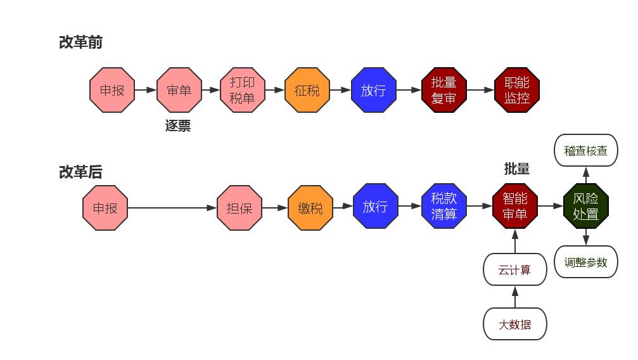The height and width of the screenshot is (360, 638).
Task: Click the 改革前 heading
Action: pyautogui.click(x=80, y=42)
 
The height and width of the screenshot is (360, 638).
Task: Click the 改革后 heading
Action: pyautogui.click(x=80, y=172)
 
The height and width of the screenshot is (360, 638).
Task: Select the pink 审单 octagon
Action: pyautogui.click(x=179, y=90)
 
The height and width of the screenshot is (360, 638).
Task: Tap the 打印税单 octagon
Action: pyautogui.click(x=243, y=90)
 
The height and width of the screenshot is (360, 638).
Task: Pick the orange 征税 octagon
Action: pyautogui.click(x=307, y=90)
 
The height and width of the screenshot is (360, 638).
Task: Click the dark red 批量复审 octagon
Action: pyautogui.click(x=443, y=90)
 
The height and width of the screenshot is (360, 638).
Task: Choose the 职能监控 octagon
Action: pyautogui.click(x=516, y=90)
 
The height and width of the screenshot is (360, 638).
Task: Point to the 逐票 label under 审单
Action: pyautogui.click(x=178, y=125)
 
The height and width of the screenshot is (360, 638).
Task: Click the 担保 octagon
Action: pyautogui.click(x=239, y=208)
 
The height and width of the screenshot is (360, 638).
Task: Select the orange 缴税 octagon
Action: pyautogui.click(x=310, y=208)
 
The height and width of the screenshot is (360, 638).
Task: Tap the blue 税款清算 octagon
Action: pyautogui.click(x=443, y=207)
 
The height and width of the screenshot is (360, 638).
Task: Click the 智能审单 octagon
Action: pyautogui.click(x=514, y=207)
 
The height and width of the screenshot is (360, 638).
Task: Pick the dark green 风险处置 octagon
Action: pyautogui.click(x=585, y=207)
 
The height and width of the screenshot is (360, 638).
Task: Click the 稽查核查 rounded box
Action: pyautogui.click(x=585, y=150)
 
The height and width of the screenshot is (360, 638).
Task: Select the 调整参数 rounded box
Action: pyautogui.click(x=585, y=262)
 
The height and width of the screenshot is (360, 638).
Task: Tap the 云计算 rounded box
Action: pyautogui.click(x=514, y=270)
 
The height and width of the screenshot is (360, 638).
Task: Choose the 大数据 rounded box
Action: pyautogui.click(x=514, y=325)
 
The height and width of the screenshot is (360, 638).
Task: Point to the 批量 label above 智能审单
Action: pyautogui.click(x=516, y=169)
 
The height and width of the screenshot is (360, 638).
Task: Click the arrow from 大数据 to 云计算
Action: pyautogui.click(x=514, y=297)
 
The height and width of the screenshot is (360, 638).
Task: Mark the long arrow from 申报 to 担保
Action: pyautogui.click(x=171, y=208)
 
